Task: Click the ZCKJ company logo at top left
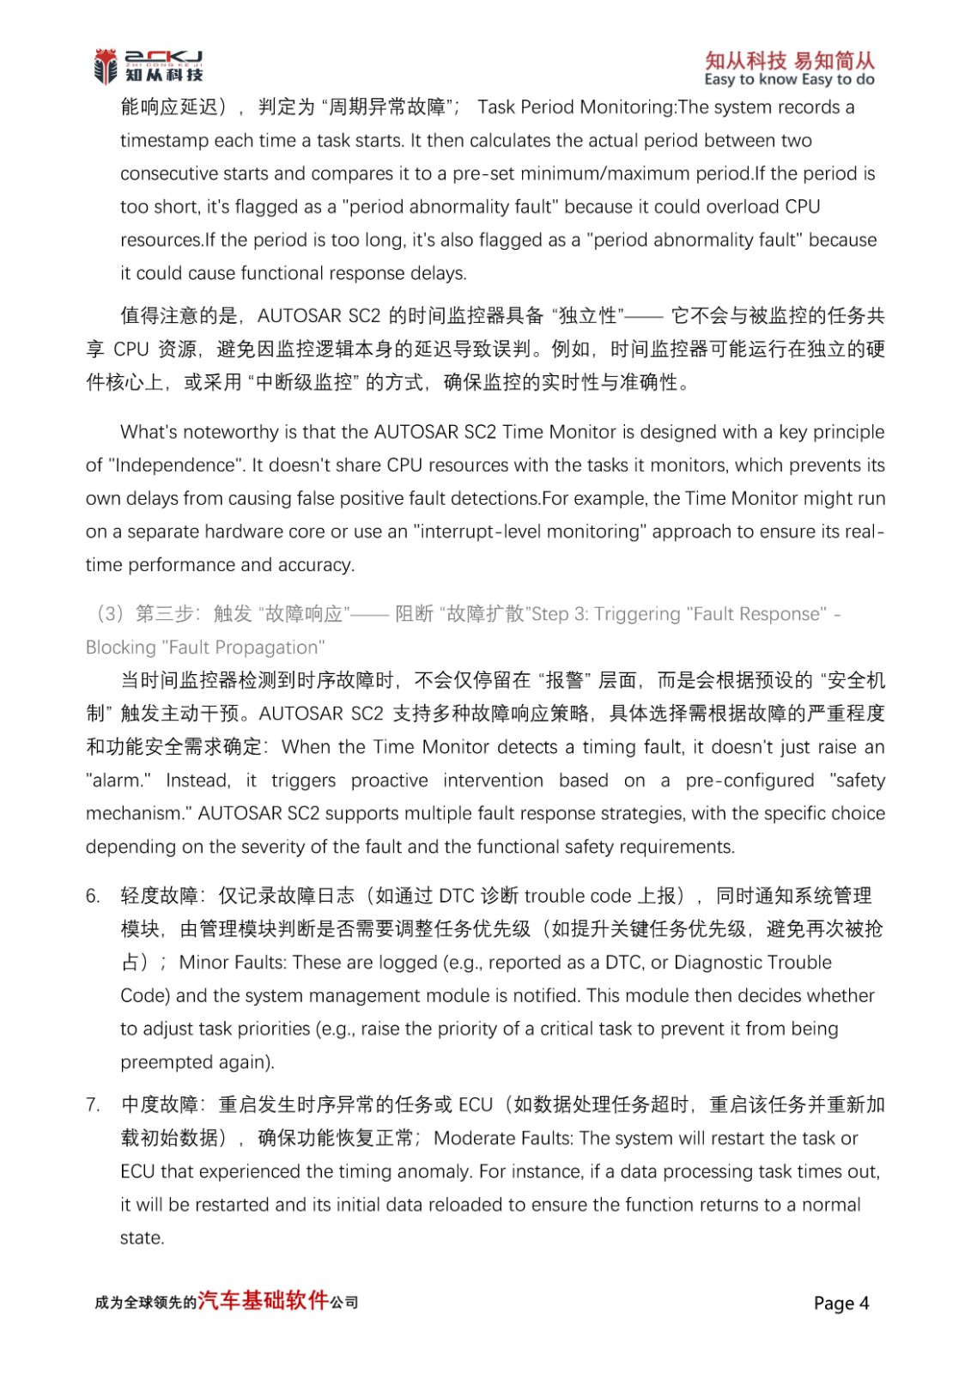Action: [x=148, y=66]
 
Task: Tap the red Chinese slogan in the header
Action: [x=789, y=60]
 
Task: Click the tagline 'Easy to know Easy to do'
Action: [x=789, y=80]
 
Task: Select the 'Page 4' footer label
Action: [x=841, y=1303]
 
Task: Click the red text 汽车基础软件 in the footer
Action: [x=263, y=1300]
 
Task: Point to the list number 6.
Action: [x=93, y=897]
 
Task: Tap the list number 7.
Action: [x=93, y=1105]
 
